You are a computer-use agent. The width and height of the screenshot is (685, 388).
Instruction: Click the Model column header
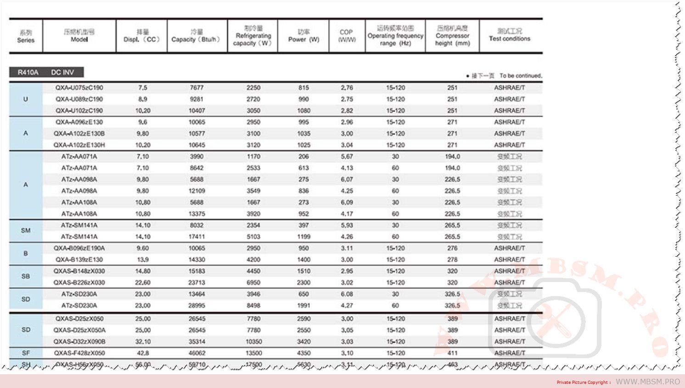coord(79,36)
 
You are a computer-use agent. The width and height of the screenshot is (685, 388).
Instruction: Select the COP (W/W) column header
coord(347,36)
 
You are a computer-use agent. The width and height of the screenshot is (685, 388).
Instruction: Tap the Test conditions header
coord(510,35)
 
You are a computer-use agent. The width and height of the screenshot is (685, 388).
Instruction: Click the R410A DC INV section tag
coord(46,72)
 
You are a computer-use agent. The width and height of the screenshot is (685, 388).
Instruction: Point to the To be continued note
coord(521,76)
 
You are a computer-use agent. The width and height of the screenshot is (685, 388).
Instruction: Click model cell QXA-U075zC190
coord(79,88)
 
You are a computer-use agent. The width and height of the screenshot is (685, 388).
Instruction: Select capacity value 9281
coord(197,99)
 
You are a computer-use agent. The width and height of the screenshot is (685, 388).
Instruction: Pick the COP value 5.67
coord(347,157)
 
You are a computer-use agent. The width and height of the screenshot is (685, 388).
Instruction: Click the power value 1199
coord(303,237)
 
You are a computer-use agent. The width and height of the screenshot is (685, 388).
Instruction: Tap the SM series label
coord(26,231)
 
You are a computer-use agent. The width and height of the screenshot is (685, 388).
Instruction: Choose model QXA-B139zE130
coord(79,260)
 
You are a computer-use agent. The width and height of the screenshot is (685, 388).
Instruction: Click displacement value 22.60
coord(143,283)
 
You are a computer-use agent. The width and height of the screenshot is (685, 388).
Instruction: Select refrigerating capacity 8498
coord(253,306)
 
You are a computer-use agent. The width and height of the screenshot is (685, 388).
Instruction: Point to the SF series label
coord(26,353)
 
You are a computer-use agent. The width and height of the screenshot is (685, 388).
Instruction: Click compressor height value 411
coord(452,353)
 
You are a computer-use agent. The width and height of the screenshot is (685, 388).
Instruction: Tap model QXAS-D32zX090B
coord(79,342)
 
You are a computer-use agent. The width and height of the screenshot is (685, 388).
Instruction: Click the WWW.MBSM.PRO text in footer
coord(647,382)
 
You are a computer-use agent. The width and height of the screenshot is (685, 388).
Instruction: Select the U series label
coord(26,99)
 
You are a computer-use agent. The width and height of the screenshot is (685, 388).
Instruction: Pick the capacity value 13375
coord(197,214)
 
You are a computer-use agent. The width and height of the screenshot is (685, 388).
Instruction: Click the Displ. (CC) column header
coord(141,36)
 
